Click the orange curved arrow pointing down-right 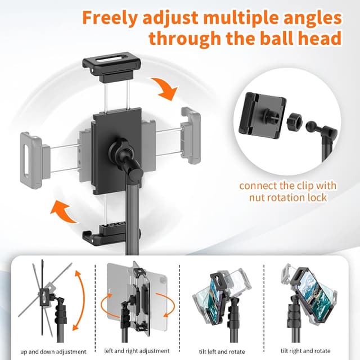tap(166, 89)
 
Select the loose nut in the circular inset tap(293, 120)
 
